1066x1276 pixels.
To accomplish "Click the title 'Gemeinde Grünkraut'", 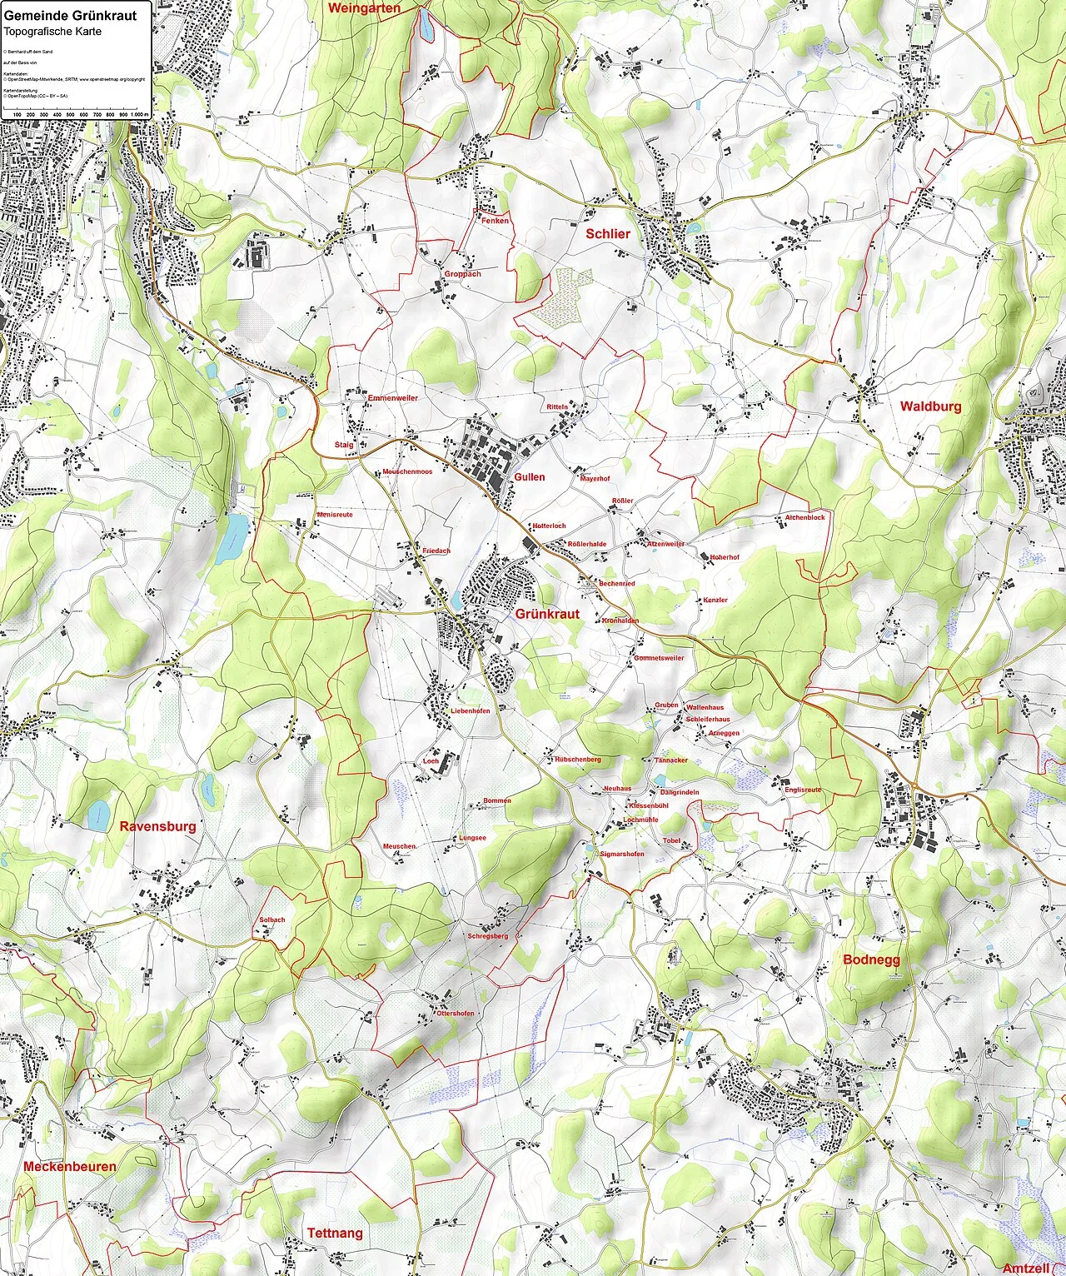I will [70, 16].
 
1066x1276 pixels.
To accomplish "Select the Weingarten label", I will [364, 8].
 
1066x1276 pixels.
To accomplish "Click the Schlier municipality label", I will [607, 234].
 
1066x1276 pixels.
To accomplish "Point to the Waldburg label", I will [930, 406].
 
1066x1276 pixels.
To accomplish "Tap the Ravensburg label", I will [157, 826].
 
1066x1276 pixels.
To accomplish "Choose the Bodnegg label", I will [871, 959].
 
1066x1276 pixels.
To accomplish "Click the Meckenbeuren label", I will [69, 1166].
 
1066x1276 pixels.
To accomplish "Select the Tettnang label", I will [335, 1233].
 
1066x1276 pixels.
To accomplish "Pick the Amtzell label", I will [1025, 1268].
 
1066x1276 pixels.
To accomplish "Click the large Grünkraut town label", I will [547, 614].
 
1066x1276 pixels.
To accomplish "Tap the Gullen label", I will [530, 477].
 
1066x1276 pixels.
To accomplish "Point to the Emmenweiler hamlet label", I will [392, 398].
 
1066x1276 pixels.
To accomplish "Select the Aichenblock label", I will [804, 517].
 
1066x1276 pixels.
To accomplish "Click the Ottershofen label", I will [455, 1014].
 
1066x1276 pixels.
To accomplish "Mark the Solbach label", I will [272, 920].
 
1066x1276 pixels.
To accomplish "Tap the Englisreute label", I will [803, 790].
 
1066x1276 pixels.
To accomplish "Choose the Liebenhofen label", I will [470, 711].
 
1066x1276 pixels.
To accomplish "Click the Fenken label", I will [495, 221].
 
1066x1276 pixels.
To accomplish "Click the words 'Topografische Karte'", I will [52, 32].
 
